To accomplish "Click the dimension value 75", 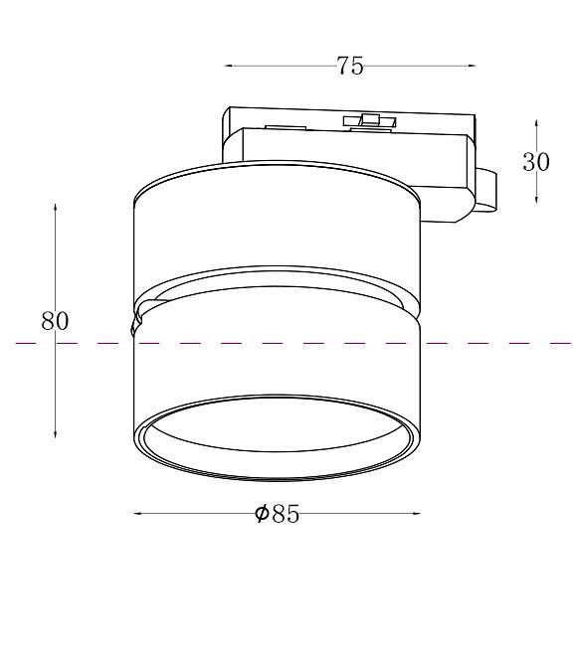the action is point(350,66).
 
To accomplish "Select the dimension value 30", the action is point(535,161).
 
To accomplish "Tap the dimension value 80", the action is point(55,321).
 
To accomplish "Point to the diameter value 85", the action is point(286,514).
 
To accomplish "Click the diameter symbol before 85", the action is point(262,514).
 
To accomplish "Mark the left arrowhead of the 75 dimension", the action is point(228,66).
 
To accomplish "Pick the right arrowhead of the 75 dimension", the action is point(472,66).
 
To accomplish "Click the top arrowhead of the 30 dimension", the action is point(536,123).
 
